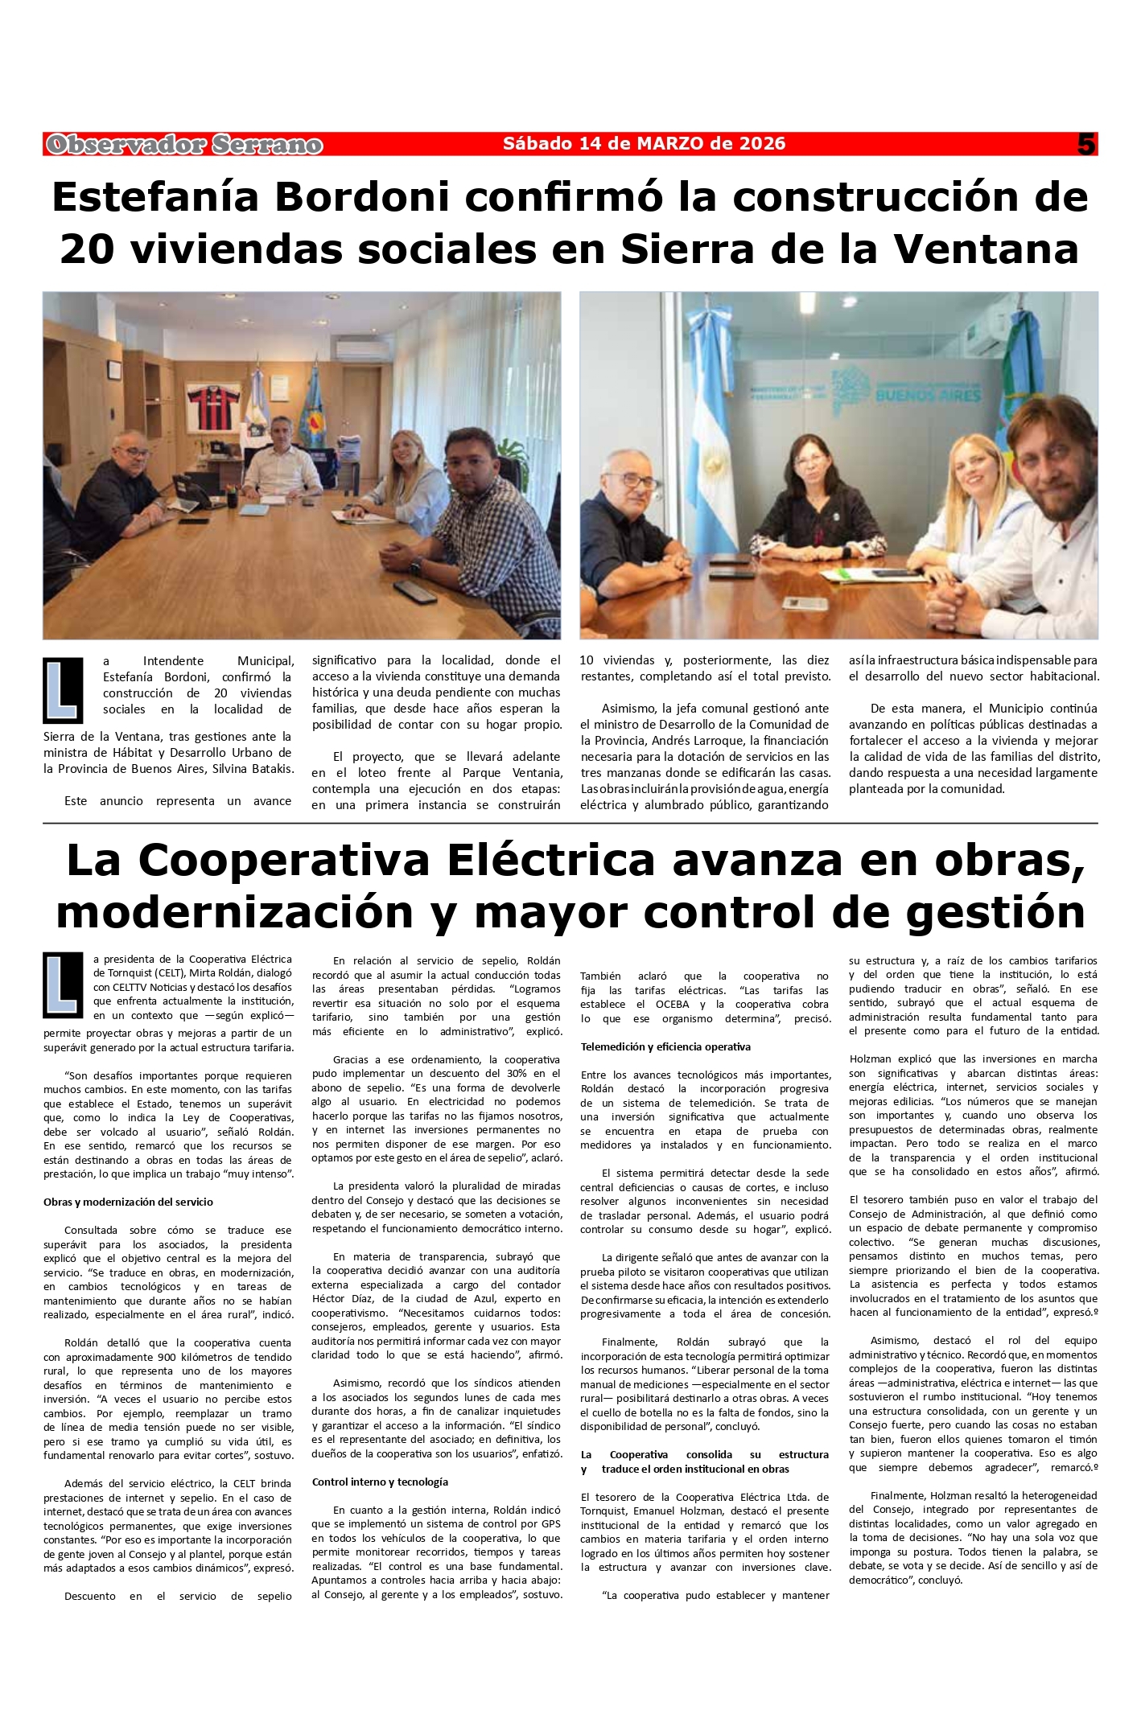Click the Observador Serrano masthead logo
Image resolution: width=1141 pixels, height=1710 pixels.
tap(184, 145)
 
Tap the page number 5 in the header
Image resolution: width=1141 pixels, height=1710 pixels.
tap(1086, 145)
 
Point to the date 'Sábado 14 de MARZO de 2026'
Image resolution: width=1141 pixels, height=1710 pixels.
tap(644, 144)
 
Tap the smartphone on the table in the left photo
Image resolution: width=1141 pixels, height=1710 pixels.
tap(414, 591)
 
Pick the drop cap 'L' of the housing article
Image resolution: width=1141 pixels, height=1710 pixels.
tap(63, 690)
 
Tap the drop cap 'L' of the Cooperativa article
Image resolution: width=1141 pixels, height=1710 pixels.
tap(63, 984)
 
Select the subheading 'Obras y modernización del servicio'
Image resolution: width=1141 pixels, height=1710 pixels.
tap(128, 1202)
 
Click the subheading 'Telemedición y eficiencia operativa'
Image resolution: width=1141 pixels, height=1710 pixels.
tap(665, 1046)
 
